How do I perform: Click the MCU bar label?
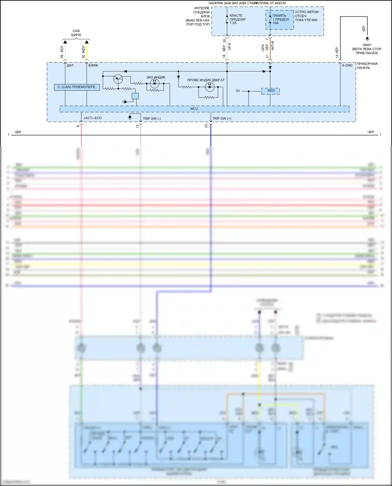click(194, 109)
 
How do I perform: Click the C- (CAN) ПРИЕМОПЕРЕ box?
click(77, 87)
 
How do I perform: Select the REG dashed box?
click(271, 91)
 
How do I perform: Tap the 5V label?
click(238, 91)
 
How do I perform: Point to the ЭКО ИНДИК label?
click(156, 77)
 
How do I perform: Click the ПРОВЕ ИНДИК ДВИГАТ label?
click(206, 80)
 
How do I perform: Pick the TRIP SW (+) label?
click(222, 119)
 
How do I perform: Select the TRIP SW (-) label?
click(152, 119)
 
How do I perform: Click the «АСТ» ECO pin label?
click(93, 118)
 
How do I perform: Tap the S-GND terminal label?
click(347, 65)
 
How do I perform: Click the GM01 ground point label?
click(367, 45)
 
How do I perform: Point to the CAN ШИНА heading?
click(76, 33)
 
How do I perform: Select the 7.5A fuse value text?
click(233, 23)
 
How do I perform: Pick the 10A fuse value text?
click(275, 23)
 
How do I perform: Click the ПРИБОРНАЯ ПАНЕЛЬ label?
click(367, 66)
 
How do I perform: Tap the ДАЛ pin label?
click(70, 65)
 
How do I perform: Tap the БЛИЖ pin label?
click(93, 65)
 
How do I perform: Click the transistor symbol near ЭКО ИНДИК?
click(118, 79)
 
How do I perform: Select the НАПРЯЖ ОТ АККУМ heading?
click(270, 3)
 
